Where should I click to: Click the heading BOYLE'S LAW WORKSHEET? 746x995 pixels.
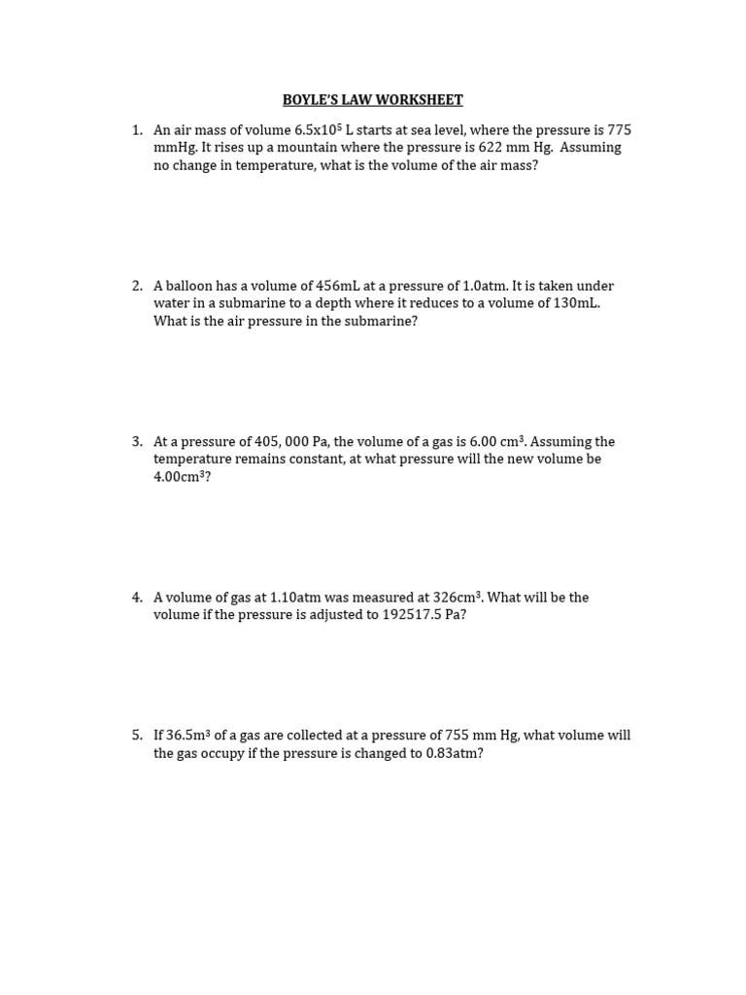coord(372,100)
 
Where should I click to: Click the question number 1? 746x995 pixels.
coord(136,130)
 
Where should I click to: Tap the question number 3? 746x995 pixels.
coord(136,442)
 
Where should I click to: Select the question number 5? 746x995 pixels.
coord(136,736)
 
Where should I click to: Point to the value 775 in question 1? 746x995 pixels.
coord(619,130)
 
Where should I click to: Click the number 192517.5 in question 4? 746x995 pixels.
coord(410,615)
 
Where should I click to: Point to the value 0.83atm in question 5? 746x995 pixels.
coord(454,753)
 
